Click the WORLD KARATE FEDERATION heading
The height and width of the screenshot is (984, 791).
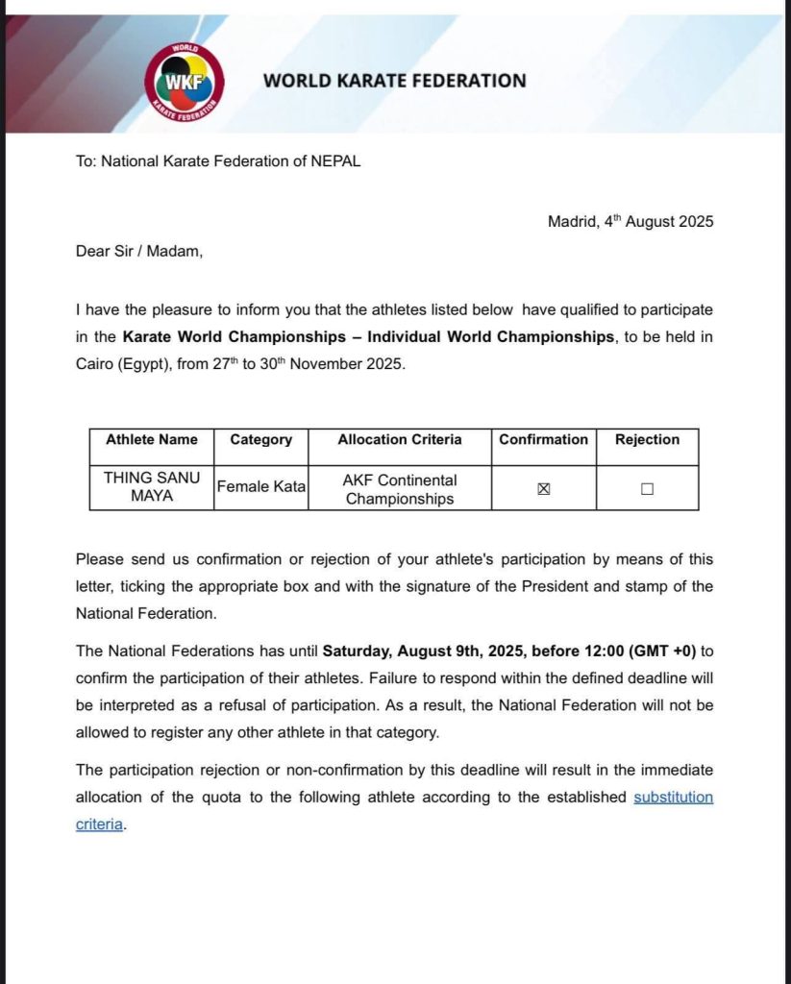point(395,81)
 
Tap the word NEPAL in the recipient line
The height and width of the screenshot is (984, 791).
point(336,161)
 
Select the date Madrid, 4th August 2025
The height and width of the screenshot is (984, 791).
point(630,221)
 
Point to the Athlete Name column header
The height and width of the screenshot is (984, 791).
point(152,440)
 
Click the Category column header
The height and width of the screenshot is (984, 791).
point(260,440)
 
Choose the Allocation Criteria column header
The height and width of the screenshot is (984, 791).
point(400,440)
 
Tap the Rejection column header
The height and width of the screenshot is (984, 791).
point(647,440)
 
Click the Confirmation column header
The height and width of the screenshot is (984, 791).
point(543,440)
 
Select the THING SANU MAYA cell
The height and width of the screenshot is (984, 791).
point(152,488)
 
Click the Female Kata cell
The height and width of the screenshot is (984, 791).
point(260,488)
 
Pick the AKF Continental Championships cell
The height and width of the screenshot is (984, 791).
point(400,488)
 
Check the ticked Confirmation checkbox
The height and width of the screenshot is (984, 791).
point(544,489)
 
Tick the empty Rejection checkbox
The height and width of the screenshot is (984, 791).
point(647,489)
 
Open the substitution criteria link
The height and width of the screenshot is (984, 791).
point(673,798)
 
